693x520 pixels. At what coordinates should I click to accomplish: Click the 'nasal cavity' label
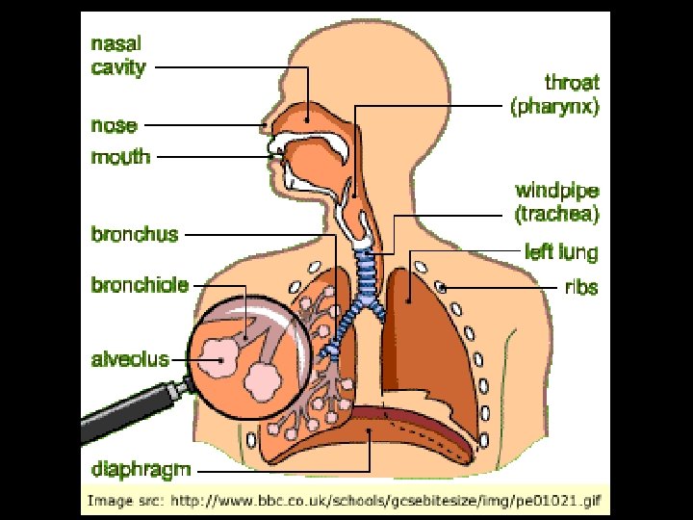118,56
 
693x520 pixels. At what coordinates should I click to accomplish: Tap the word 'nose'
114,125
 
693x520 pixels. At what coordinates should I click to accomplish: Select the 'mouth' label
120,156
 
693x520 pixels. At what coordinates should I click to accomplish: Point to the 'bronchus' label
135,234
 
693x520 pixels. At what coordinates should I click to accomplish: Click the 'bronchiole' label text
140,284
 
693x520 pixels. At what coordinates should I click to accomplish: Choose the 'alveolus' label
130,360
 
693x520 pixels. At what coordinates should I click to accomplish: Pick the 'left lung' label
561,252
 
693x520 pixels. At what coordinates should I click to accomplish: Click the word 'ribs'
580,286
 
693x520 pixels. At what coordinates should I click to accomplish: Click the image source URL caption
344,501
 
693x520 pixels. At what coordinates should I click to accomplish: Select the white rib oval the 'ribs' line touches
443,286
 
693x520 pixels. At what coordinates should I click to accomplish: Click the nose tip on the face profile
264,125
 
